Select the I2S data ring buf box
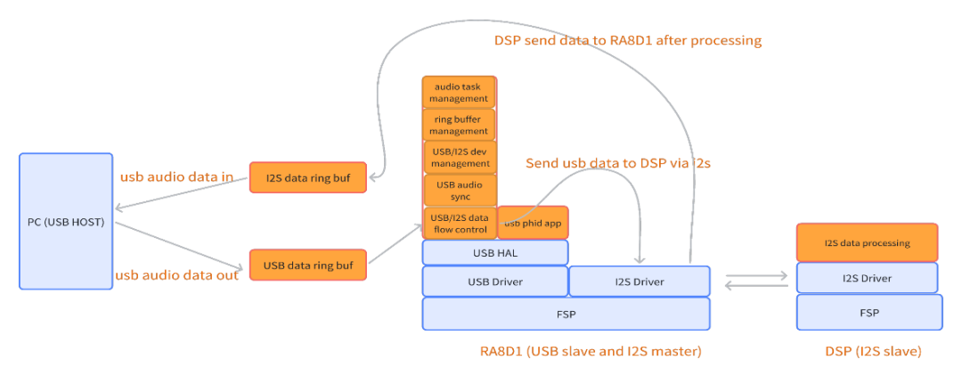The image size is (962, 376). pos(307,178)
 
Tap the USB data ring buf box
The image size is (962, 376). pos(307,265)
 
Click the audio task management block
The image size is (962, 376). pos(460,92)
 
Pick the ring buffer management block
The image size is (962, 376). pos(460,125)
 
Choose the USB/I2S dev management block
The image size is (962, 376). pos(460,157)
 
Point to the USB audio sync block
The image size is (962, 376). pos(460,189)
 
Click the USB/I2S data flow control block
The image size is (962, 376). pos(460,223)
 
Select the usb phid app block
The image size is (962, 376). pos(532,223)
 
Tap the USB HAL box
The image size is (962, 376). pos(494,253)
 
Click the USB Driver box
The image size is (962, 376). pos(494,282)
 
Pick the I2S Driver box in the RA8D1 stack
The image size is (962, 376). pos(639,282)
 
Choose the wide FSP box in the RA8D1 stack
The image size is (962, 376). pos(566,314)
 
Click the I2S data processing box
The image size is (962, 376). pos(867,242)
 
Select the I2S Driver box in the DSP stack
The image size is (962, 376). pos(867,278)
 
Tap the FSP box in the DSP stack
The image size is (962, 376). pos(868,313)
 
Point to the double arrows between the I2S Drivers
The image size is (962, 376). pos(756,280)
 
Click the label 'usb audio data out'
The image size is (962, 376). pos(176,275)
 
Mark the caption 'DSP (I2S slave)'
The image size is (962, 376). pos(872,352)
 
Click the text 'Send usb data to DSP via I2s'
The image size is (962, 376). pos(617,163)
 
